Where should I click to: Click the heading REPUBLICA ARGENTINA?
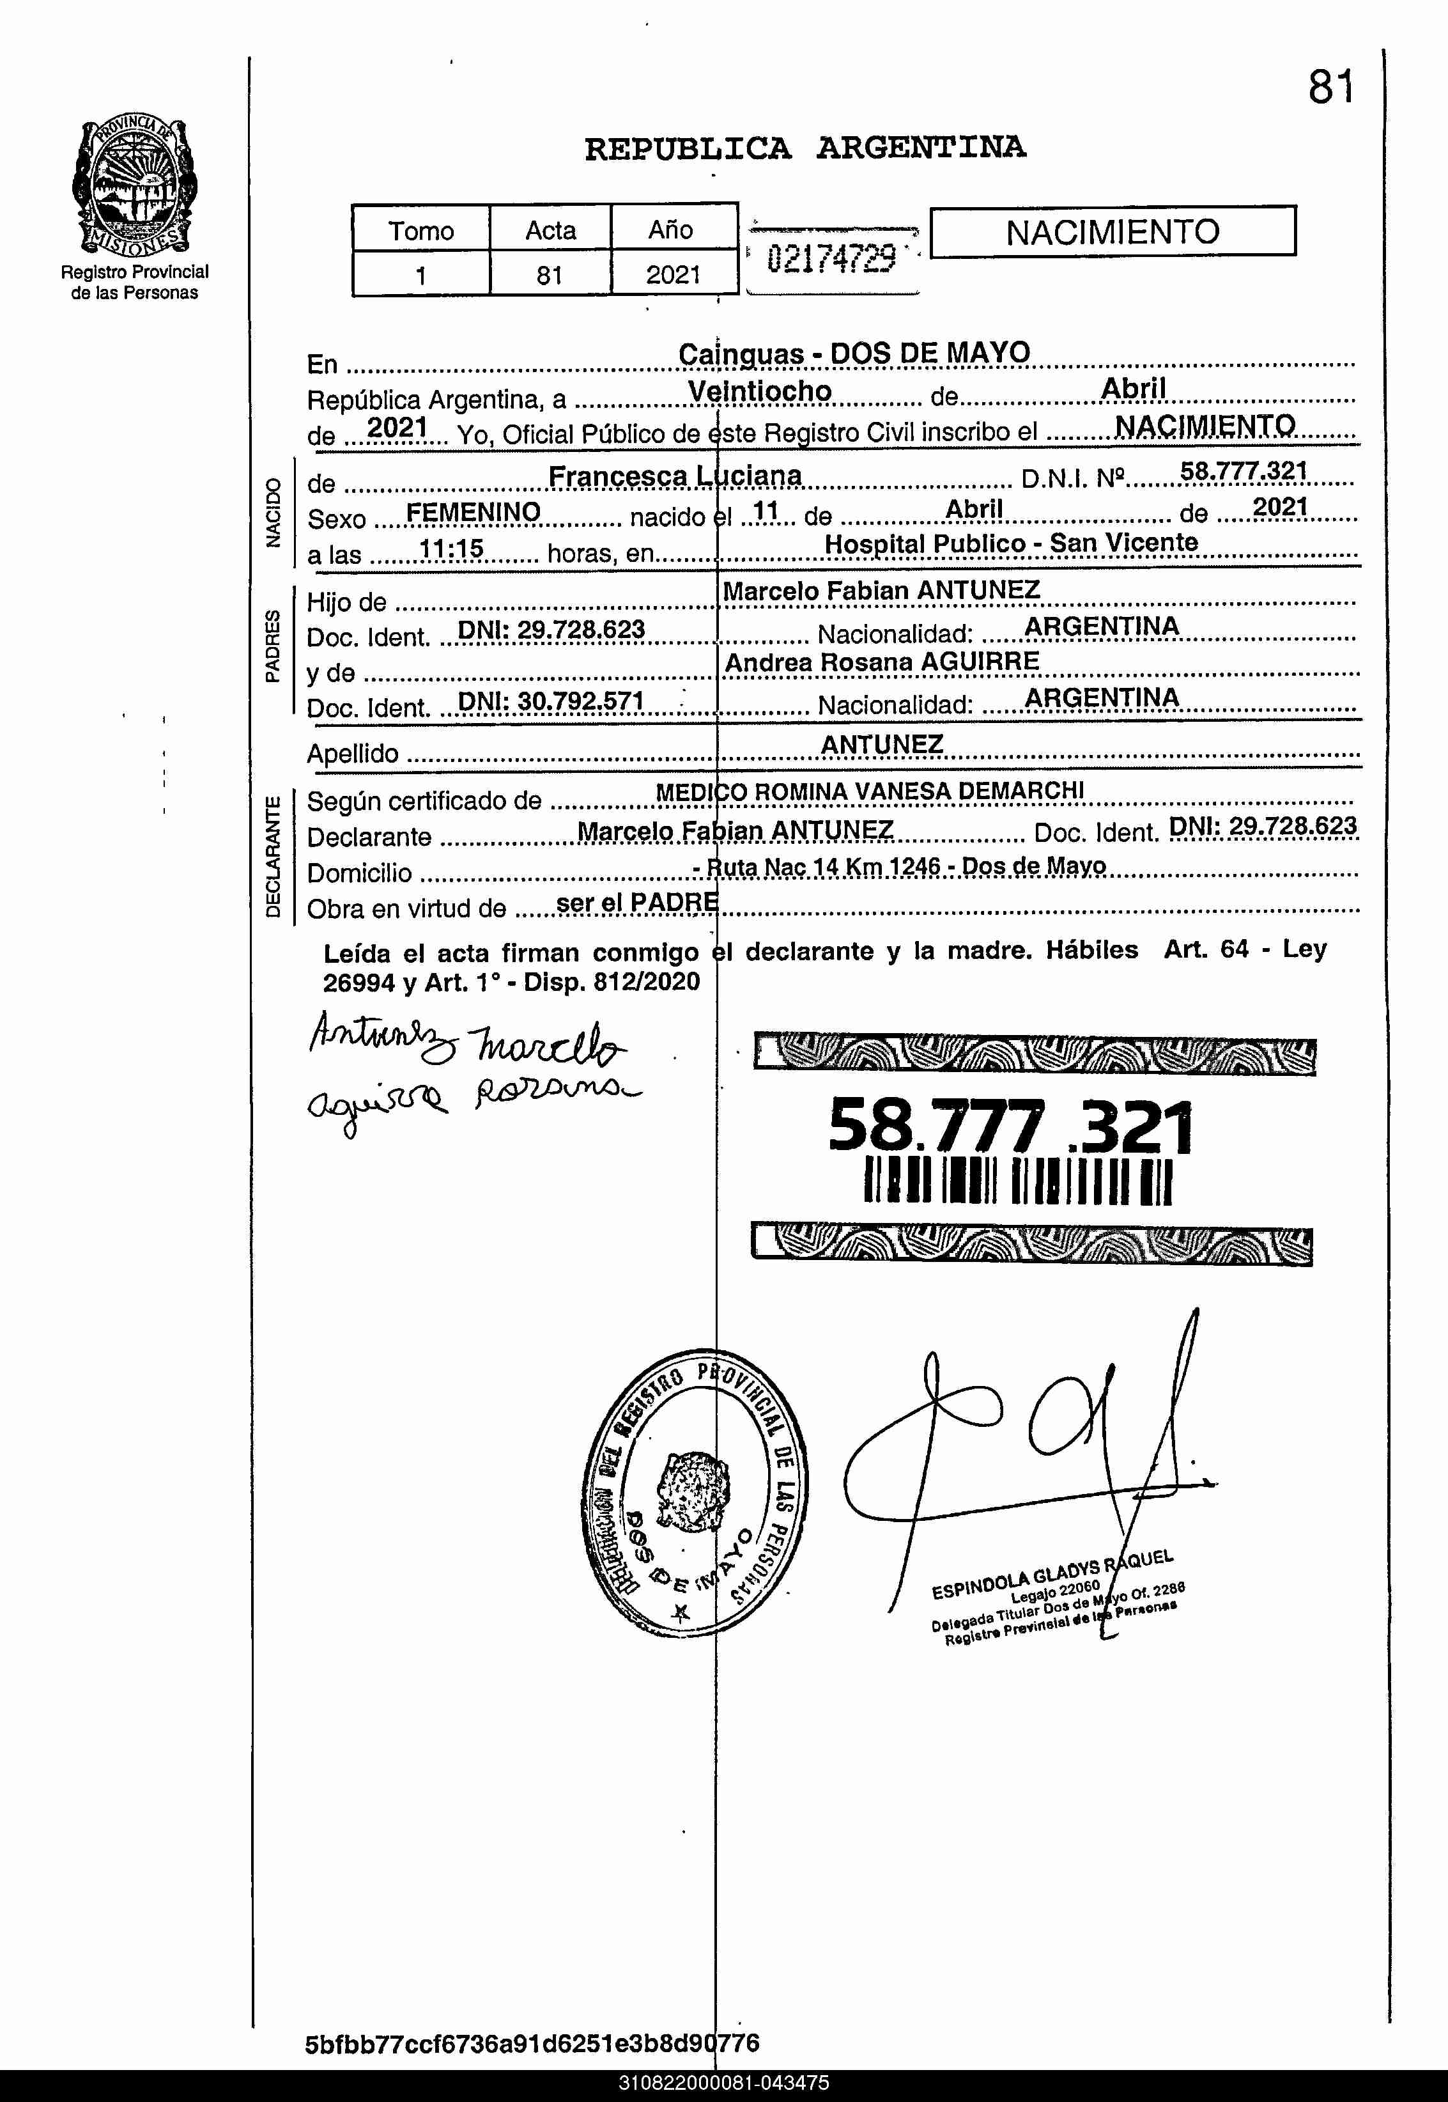click(805, 148)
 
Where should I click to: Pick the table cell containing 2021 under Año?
click(673, 274)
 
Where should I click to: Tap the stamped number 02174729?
click(831, 260)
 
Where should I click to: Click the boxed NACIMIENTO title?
click(1113, 232)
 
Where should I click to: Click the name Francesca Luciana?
click(675, 476)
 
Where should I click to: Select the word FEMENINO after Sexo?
click(473, 513)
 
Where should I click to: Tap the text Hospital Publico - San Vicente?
click(1011, 543)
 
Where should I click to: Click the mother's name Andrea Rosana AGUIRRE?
click(882, 662)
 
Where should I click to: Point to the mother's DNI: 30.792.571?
click(551, 701)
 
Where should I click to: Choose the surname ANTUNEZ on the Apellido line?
click(882, 744)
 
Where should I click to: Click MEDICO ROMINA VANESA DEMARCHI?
click(869, 791)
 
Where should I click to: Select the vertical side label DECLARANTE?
click(273, 857)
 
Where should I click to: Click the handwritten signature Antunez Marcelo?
click(466, 1039)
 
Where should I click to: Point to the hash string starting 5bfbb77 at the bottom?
click(532, 2044)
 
